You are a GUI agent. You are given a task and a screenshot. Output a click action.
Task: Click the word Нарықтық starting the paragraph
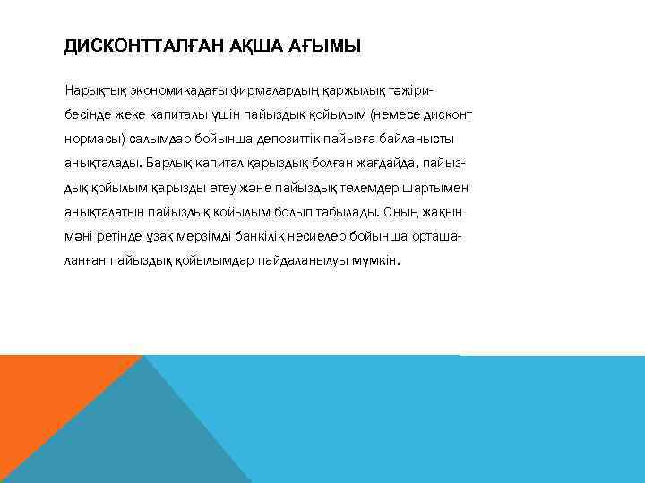[94, 90]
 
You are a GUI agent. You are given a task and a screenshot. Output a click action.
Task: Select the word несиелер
[332, 237]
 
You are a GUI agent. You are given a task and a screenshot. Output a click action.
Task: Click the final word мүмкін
[379, 261]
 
